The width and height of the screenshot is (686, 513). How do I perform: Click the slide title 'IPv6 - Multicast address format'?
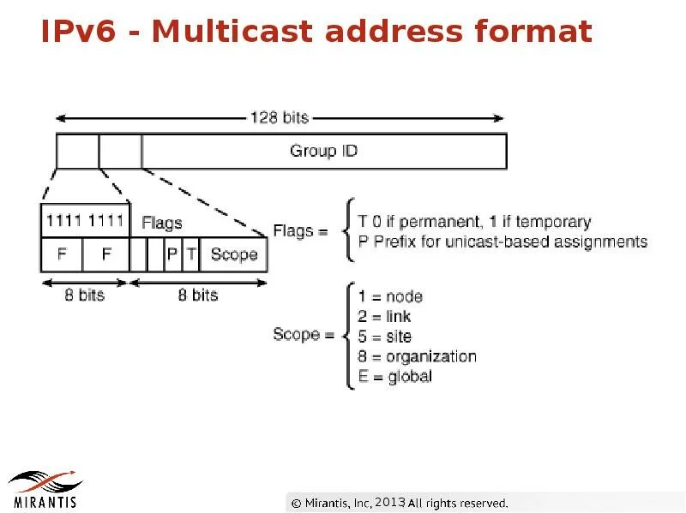[316, 32]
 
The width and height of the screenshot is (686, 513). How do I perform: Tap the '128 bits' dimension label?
[280, 117]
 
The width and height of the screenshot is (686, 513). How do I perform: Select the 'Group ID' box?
[323, 152]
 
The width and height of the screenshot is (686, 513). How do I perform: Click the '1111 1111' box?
[85, 221]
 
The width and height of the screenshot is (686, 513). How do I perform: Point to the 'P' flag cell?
[172, 254]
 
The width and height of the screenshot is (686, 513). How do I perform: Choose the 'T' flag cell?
[190, 254]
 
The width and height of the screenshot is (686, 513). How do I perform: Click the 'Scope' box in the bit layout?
[233, 254]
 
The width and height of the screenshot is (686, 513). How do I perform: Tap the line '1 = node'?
[390, 296]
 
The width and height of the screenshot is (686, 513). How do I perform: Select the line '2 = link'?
[385, 317]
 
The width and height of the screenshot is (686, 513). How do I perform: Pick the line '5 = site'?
[385, 337]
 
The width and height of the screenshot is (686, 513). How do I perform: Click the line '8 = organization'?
[417, 356]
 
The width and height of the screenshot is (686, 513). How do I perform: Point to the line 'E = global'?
[395, 376]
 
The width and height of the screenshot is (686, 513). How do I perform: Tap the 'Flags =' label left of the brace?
[300, 230]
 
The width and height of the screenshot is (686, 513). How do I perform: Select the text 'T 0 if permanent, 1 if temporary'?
[474, 222]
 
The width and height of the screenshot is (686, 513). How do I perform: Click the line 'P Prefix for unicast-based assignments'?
[502, 242]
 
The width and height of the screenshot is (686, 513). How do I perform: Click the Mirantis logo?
[45, 487]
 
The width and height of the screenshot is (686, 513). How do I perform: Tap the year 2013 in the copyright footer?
[389, 502]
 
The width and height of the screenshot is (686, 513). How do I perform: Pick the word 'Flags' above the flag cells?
[161, 223]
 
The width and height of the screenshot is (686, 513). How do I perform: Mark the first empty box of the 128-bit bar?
[77, 152]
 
